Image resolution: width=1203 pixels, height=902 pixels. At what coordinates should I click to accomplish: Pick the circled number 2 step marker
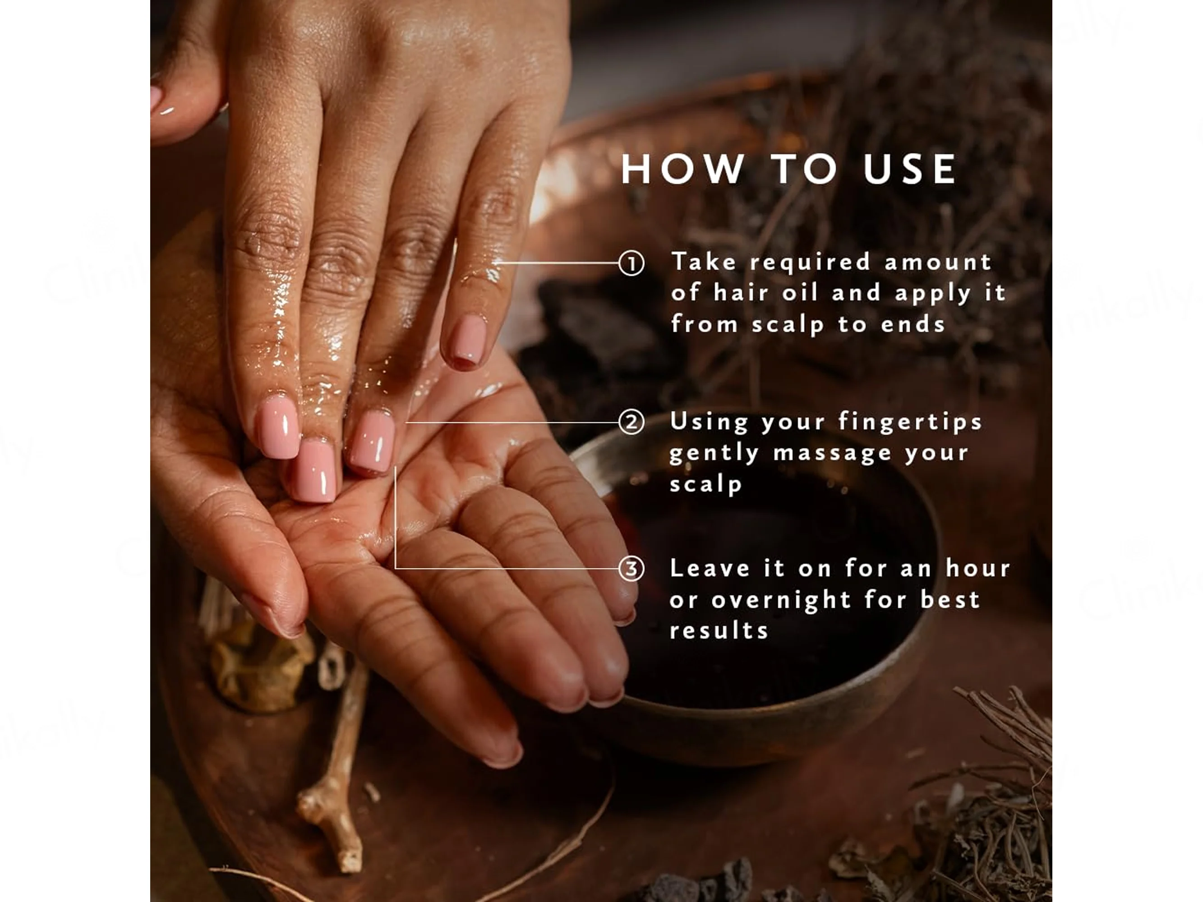click(x=631, y=422)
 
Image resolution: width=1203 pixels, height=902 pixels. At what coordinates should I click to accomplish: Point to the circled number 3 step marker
click(x=631, y=569)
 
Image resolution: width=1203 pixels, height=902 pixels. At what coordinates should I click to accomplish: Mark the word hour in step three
click(x=977, y=568)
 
